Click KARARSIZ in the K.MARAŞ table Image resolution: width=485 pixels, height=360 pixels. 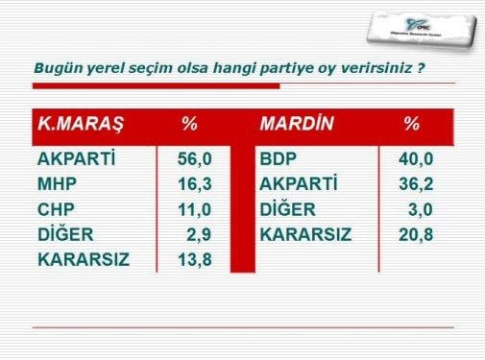click(83, 259)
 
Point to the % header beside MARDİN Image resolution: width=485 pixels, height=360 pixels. click(412, 125)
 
